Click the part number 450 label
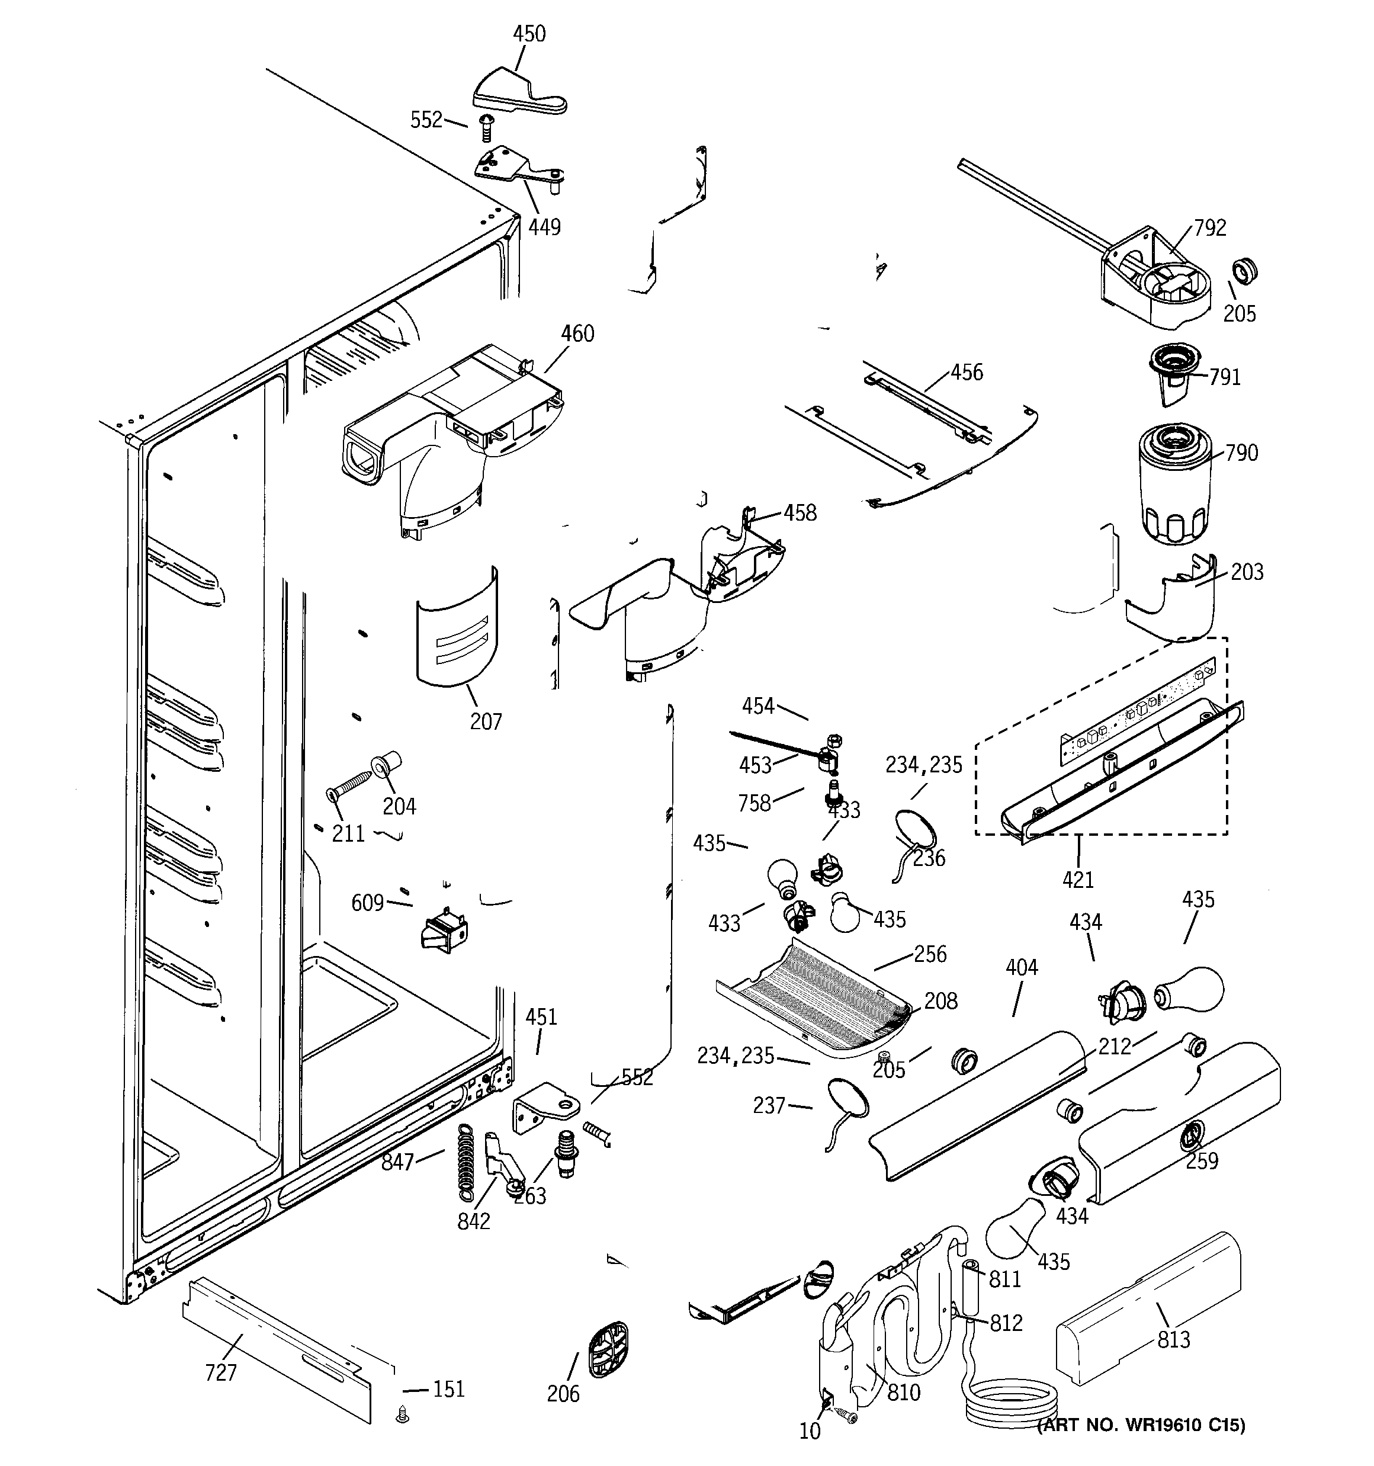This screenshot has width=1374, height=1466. tap(529, 34)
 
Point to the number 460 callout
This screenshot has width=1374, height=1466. tap(577, 334)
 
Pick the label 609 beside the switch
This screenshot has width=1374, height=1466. tap(367, 903)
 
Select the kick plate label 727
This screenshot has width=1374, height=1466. tap(221, 1372)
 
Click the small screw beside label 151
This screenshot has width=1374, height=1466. tap(403, 1414)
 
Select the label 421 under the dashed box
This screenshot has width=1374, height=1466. tap(1078, 879)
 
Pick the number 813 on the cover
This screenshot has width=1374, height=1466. tap(1173, 1340)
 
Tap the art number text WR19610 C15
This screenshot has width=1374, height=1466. tap(1142, 1446)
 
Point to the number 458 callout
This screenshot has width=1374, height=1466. tap(800, 512)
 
